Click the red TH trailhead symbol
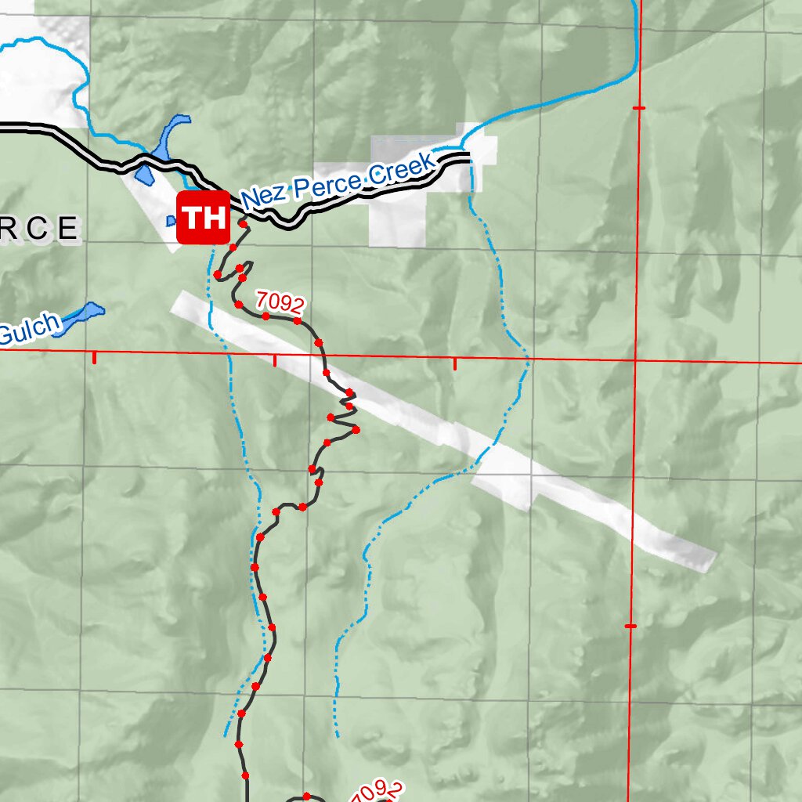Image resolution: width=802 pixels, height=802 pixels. (x=204, y=218)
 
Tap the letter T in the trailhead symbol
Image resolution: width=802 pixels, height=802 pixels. (x=191, y=218)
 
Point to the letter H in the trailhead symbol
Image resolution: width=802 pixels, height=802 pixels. (x=215, y=218)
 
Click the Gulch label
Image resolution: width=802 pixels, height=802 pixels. (x=28, y=330)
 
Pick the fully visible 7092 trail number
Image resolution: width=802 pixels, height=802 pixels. (x=280, y=301)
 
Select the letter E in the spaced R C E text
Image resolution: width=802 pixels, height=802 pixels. (x=69, y=229)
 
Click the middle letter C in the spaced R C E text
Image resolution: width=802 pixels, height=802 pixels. (x=40, y=229)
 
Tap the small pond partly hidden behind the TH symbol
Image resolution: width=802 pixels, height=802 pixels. (x=172, y=222)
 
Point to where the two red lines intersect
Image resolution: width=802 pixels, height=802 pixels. (x=636, y=361)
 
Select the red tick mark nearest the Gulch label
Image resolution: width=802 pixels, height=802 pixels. (x=95, y=357)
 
